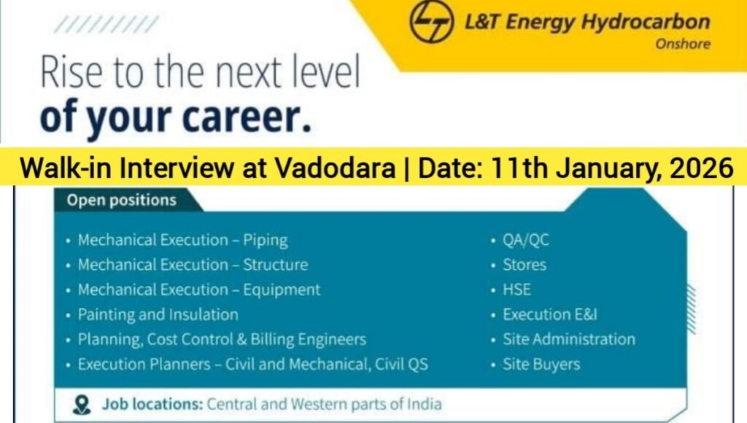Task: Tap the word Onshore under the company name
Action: [682, 44]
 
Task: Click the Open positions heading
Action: [121, 200]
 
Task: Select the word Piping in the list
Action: [265, 240]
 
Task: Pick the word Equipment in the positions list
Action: [282, 290]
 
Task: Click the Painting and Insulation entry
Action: [158, 314]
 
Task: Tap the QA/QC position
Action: [525, 240]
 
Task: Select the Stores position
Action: [524, 265]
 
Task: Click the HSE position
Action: [516, 290]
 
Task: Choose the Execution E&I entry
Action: [549, 314]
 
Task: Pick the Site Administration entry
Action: [568, 339]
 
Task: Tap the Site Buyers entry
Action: [541, 364]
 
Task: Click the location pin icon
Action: [82, 404]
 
